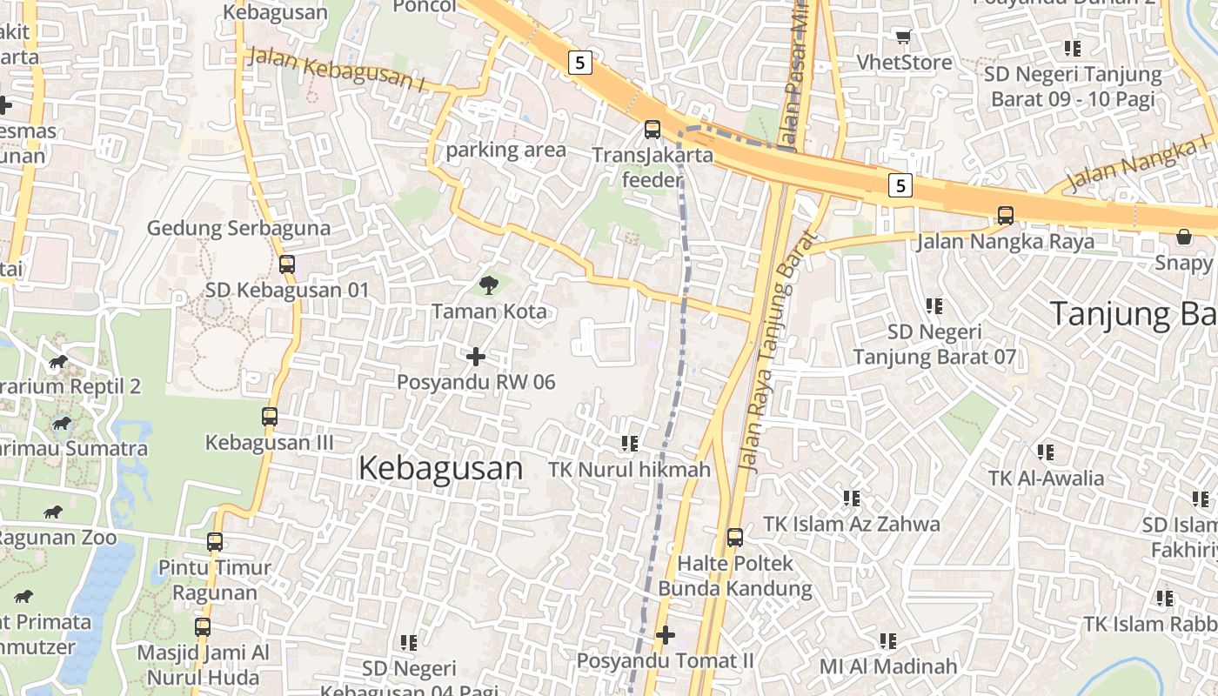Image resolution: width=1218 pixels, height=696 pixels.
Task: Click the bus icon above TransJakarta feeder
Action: point(652,130)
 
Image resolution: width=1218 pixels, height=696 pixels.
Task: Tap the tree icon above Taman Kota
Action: point(489,284)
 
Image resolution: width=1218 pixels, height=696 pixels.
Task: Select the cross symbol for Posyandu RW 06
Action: point(476,357)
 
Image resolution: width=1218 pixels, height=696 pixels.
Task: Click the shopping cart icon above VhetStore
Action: point(903,37)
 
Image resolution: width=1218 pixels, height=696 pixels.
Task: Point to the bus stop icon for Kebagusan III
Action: point(270,417)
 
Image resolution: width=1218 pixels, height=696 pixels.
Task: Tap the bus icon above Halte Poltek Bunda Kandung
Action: point(735,538)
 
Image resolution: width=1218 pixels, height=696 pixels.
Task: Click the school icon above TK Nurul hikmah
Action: point(630,444)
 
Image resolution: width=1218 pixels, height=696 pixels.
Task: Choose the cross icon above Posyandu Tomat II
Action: point(666,635)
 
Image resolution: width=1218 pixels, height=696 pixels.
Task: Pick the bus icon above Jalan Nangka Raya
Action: point(1006,215)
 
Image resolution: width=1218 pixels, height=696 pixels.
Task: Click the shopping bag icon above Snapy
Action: point(1183,237)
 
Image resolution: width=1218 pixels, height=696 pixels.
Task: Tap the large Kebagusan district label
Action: point(440,468)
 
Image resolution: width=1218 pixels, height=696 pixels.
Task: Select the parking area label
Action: point(505,150)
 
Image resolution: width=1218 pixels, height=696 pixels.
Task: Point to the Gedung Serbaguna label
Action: point(238,229)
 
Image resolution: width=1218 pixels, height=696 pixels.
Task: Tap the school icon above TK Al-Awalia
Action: point(1046,452)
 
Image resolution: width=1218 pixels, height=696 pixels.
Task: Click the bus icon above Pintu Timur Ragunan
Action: point(215,542)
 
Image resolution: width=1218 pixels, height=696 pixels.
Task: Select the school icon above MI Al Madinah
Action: point(888,641)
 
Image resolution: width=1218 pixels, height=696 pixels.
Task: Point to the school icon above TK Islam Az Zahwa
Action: point(852,499)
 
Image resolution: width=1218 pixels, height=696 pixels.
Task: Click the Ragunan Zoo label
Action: point(57,538)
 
